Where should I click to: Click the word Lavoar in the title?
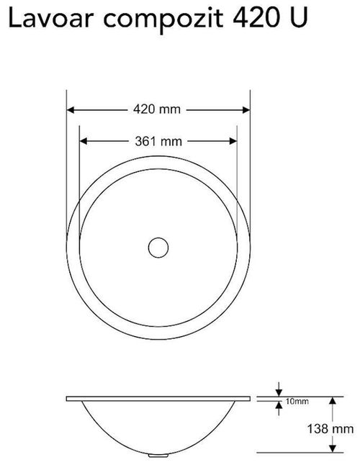click(52, 19)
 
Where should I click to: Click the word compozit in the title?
click(163, 20)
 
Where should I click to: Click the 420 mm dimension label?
click(157, 109)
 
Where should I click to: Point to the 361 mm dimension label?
click(158, 141)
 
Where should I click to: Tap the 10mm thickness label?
click(297, 401)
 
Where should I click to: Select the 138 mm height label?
click(330, 429)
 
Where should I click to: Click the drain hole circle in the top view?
click(158, 248)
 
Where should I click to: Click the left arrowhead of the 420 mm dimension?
click(70, 110)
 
